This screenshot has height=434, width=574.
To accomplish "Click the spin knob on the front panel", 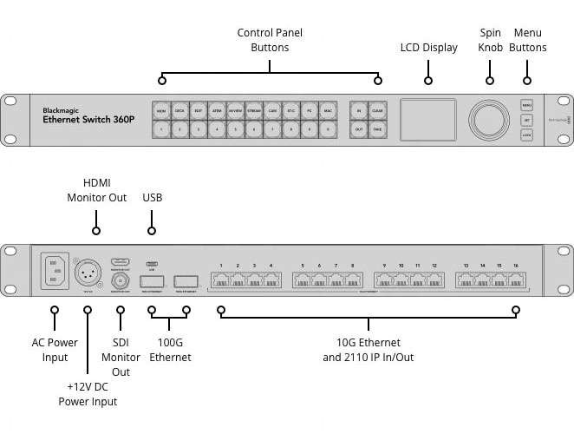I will [x=490, y=119].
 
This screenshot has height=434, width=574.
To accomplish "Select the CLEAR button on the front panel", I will [x=377, y=110].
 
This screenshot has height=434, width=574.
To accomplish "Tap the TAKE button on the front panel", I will [x=377, y=129].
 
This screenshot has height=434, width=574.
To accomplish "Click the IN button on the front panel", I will [x=358, y=110].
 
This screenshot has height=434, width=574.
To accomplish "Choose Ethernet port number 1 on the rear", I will [x=222, y=280].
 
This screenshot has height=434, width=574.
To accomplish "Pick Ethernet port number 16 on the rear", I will [x=516, y=280].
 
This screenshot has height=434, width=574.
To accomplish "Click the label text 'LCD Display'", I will [x=428, y=48].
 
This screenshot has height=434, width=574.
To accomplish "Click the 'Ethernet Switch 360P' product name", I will [x=88, y=120].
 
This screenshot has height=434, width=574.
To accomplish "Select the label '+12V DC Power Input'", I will [x=88, y=393].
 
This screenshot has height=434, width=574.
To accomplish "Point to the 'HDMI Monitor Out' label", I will [x=96, y=190].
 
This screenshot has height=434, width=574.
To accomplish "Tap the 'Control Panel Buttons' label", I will [x=270, y=40].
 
